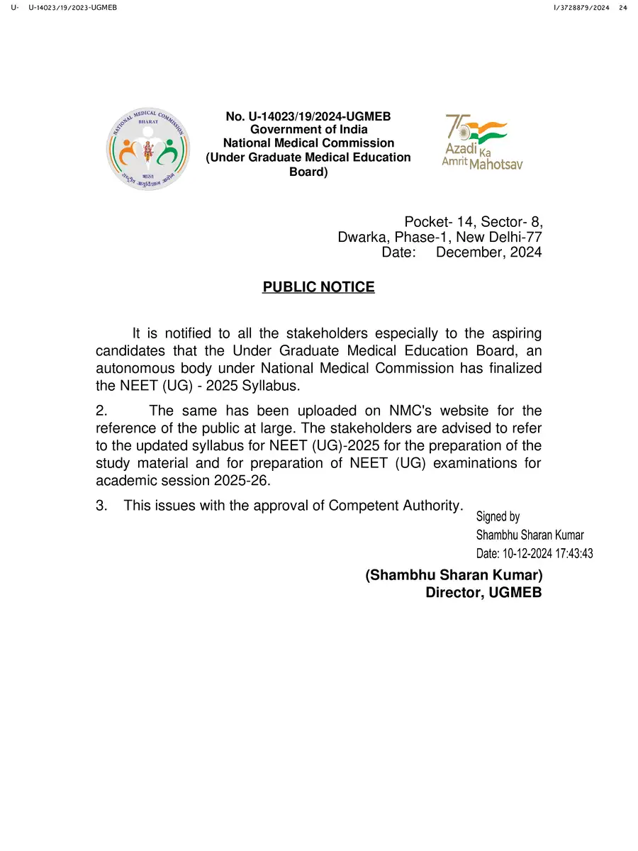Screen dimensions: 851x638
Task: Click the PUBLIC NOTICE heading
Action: click(318, 287)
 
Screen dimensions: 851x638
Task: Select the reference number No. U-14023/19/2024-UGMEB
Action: click(308, 116)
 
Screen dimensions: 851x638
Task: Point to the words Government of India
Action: click(308, 130)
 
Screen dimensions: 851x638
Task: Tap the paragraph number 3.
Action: click(100, 505)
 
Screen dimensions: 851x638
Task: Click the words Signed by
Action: click(498, 517)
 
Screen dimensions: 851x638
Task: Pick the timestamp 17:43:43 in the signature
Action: click(567, 554)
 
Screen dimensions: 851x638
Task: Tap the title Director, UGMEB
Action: click(483, 592)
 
